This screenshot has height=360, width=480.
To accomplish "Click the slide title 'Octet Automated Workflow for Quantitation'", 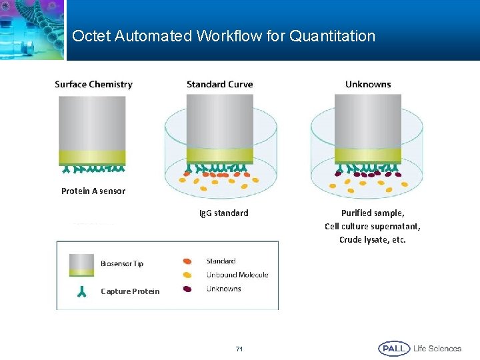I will pyautogui.click(x=223, y=36).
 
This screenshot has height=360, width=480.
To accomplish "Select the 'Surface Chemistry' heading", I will pyautogui.click(x=93, y=84).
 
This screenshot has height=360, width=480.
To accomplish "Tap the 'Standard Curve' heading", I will pyautogui.click(x=219, y=84).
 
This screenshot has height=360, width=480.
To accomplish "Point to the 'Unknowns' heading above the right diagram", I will pyautogui.click(x=368, y=84).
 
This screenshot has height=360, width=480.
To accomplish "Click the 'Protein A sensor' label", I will pyautogui.click(x=93, y=191).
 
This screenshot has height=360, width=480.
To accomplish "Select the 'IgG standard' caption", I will pyautogui.click(x=224, y=213).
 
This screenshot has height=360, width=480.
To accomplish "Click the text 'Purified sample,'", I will pyautogui.click(x=373, y=213).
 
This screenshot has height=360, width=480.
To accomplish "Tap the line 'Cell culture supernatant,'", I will pyautogui.click(x=373, y=227).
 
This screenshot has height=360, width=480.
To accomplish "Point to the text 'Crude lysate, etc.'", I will pyautogui.click(x=373, y=240).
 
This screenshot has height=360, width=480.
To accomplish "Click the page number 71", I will pyautogui.click(x=240, y=349).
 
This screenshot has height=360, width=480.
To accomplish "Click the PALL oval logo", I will pyautogui.click(x=393, y=348).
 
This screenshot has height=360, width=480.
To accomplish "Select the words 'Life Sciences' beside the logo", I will pyautogui.click(x=437, y=348).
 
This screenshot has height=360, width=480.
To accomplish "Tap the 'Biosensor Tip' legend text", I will pyautogui.click(x=122, y=263).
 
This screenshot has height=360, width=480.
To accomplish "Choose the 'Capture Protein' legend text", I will pyautogui.click(x=130, y=291).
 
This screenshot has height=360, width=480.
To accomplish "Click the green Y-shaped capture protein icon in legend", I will pyautogui.click(x=81, y=291).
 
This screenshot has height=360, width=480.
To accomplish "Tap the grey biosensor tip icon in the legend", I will pyautogui.click(x=81, y=263).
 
